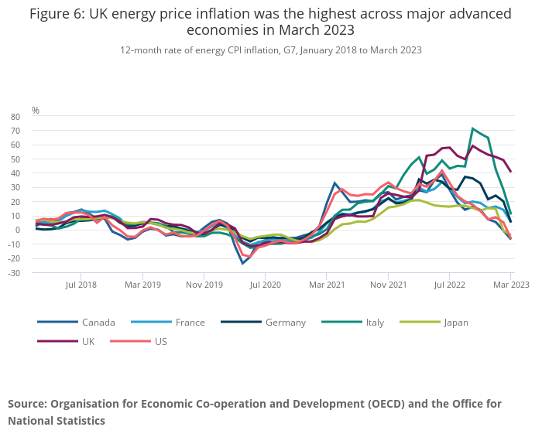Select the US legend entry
point(160,341)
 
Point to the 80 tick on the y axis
point(15,117)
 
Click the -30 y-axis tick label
point(14,273)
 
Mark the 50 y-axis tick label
point(15,159)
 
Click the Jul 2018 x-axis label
point(81,285)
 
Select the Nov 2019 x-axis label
point(204,285)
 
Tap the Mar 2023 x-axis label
point(512,285)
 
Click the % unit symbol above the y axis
point(36,111)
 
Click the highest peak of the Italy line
point(473,128)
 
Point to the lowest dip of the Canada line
point(242,264)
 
